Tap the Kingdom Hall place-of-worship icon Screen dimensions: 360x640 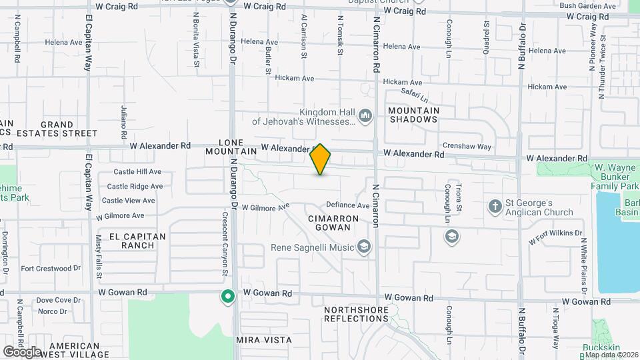(365, 117)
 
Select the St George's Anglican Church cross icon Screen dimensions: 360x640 (495, 205)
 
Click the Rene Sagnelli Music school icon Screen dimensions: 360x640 (363, 248)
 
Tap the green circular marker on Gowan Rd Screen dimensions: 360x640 (227, 296)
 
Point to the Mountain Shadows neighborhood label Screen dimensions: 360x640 (413, 115)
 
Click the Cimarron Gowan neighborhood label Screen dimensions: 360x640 (329, 223)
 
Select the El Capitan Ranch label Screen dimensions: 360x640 (132, 240)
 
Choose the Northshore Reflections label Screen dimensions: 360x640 (356, 315)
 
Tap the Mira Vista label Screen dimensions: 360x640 (264, 340)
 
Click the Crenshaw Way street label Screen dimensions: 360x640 (467, 147)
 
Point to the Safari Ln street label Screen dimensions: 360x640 (414, 95)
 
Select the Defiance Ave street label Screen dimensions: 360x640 (347, 205)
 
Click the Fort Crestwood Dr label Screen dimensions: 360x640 (51, 269)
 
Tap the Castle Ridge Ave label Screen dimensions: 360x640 (135, 187)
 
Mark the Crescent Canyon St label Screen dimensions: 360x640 (225, 243)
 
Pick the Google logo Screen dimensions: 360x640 (21, 351)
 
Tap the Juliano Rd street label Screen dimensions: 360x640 (124, 117)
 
